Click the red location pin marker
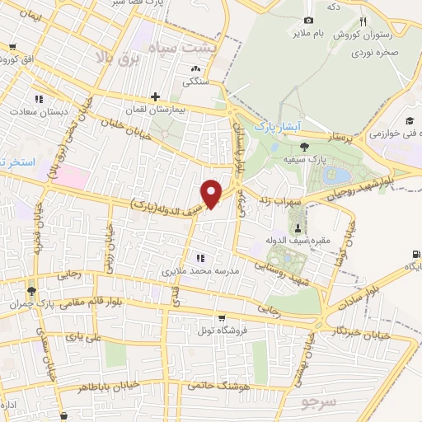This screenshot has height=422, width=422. [212, 192]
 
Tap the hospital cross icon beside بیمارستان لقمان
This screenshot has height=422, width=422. [155, 97]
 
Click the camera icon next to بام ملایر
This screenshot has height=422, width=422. [308, 20]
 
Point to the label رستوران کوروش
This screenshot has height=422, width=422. [362, 35]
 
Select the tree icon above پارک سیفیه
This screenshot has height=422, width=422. [305, 146]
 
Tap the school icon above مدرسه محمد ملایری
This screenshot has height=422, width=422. [197, 258]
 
